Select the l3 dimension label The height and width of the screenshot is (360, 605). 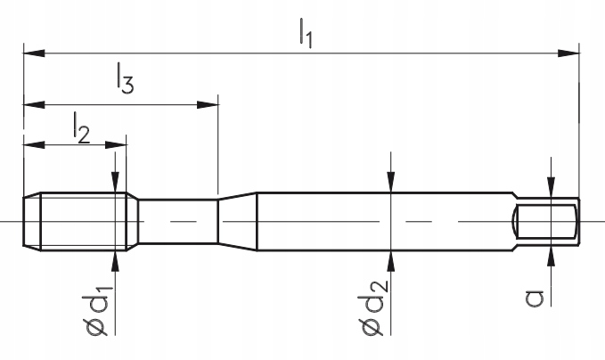124,81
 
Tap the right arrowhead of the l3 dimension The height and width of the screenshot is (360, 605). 211,104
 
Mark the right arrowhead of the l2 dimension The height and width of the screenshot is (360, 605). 119,144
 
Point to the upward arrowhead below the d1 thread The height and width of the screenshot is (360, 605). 115,258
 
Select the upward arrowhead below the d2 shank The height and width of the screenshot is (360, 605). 391,258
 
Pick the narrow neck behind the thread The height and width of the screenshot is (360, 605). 178,221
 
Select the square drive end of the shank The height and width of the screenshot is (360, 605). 548,221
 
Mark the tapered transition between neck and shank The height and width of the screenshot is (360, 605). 237,221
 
